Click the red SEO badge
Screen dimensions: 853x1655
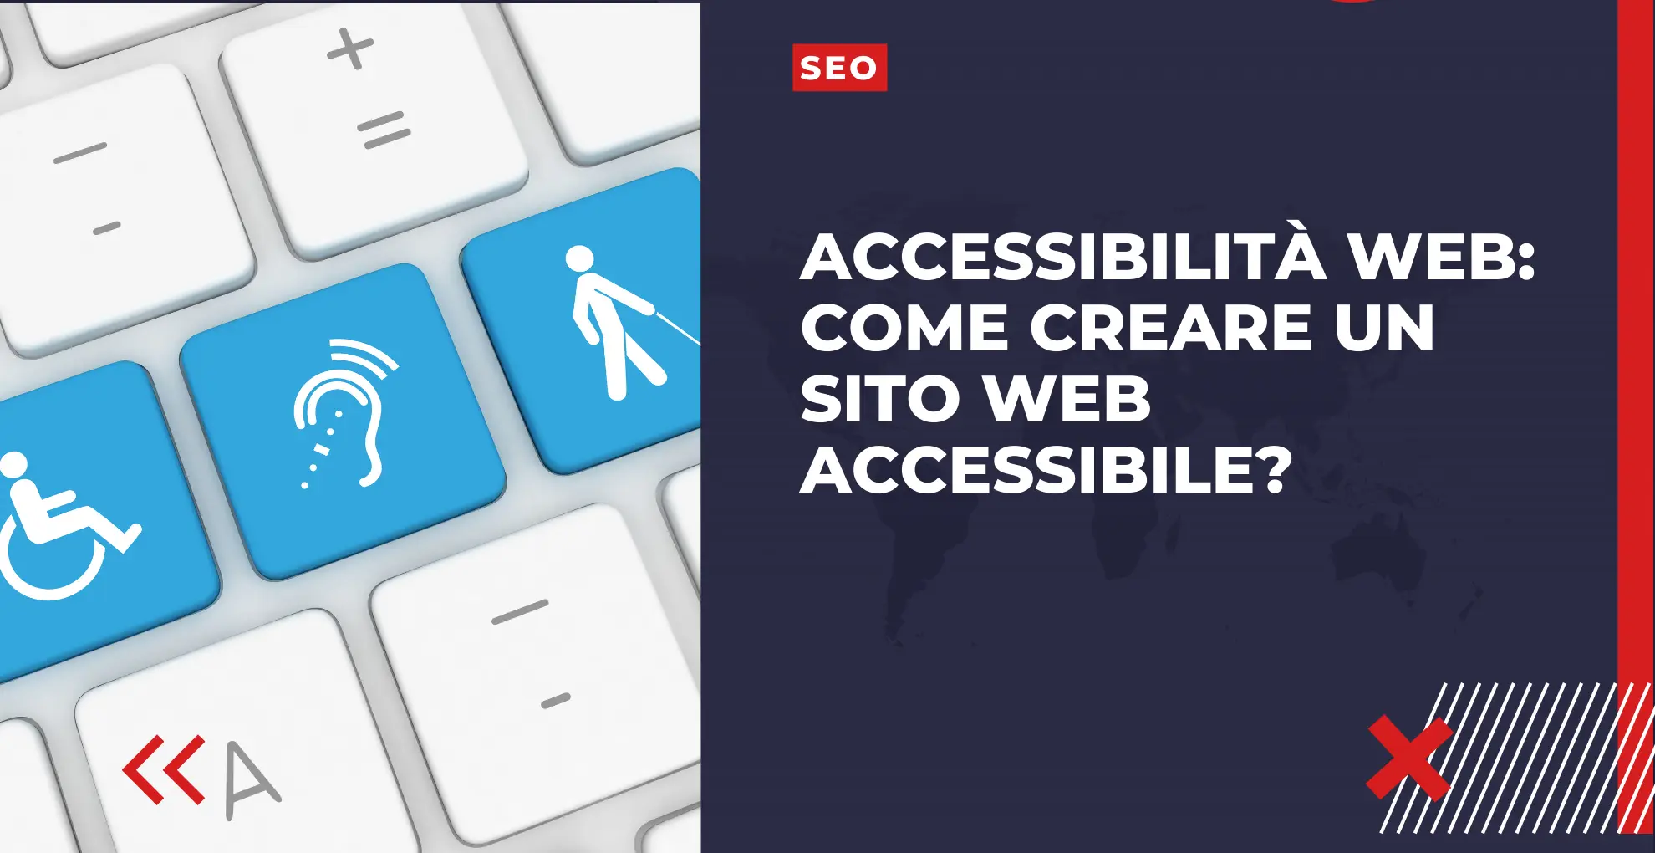point(839,68)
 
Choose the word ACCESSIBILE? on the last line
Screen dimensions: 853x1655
point(1046,470)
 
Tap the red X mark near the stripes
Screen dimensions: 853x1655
point(1409,757)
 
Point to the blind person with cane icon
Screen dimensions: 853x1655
point(619,322)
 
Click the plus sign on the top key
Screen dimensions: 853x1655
point(350,49)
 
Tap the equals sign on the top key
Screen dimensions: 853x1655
point(384,130)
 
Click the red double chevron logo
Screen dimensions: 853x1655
point(164,769)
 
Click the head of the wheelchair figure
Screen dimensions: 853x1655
point(14,465)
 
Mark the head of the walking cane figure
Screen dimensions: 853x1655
point(579,258)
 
